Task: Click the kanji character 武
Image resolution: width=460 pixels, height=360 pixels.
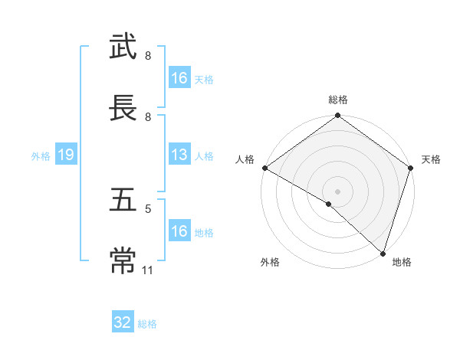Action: (124, 47)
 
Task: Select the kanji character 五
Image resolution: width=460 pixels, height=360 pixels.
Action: (124, 200)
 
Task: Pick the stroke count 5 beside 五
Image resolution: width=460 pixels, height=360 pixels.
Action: (147, 208)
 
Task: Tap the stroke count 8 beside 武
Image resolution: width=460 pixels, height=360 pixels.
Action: (147, 56)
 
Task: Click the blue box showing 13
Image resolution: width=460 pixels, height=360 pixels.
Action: (179, 155)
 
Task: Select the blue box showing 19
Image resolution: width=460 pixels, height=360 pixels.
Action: (65, 155)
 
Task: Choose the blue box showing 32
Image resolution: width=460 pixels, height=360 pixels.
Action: (123, 322)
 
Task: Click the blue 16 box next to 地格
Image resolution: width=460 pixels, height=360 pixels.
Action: (179, 231)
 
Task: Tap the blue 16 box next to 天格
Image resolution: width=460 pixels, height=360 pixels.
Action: (179, 78)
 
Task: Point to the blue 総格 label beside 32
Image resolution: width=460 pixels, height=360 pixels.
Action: (147, 324)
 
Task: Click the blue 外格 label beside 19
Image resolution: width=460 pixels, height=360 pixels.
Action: (41, 155)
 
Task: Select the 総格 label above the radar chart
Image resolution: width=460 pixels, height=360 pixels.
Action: (338, 100)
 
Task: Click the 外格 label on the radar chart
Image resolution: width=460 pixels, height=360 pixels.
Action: (270, 263)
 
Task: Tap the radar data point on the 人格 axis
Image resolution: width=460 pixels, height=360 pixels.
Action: (264, 168)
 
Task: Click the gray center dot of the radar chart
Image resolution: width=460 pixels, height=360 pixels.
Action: (337, 191)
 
